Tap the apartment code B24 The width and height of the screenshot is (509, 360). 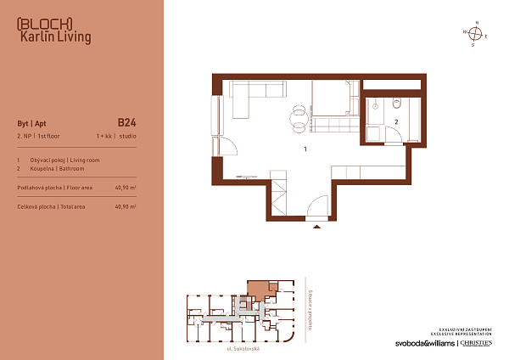[x=126, y=121]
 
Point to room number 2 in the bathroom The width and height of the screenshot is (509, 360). [x=395, y=121]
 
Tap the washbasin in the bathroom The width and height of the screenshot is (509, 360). [x=374, y=106]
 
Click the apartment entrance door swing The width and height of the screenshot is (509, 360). [x=317, y=207]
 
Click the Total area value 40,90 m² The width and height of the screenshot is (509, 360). [x=125, y=206]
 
